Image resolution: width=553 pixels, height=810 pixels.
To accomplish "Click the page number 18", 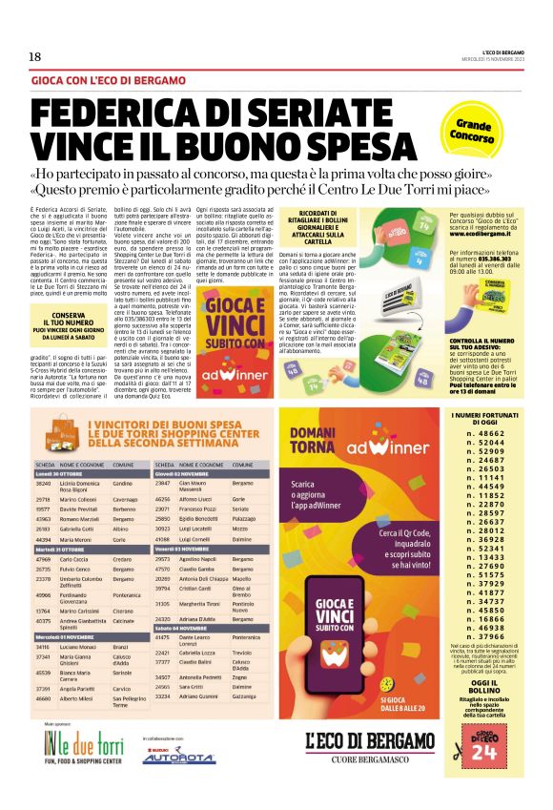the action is [34, 56].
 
